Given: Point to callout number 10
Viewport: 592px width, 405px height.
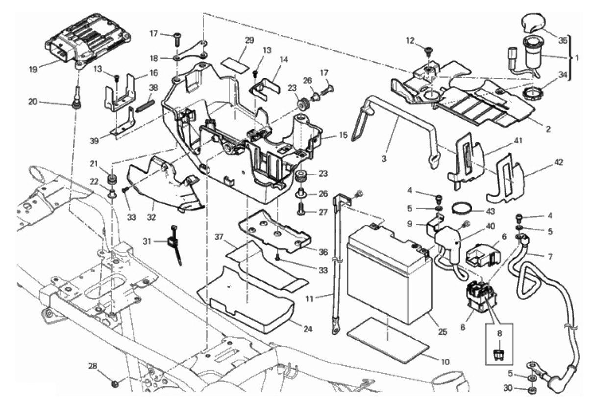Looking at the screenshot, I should point(445,362).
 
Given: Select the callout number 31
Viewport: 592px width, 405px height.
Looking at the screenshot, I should point(152,241).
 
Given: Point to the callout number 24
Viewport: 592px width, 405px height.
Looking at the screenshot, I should point(307,329).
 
